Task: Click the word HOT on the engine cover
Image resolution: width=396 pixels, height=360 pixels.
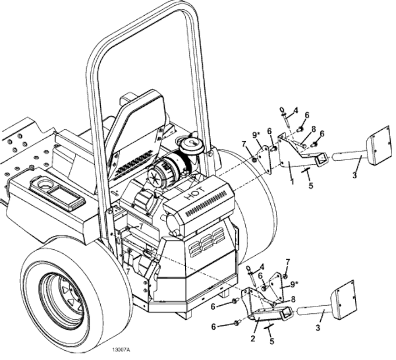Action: tap(196, 194)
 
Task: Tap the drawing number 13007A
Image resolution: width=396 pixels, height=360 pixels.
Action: tap(121, 350)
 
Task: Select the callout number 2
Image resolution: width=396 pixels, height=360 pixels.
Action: tap(253, 338)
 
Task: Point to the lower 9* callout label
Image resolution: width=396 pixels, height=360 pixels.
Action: tap(294, 285)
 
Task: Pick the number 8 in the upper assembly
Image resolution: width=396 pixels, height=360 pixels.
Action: tap(313, 130)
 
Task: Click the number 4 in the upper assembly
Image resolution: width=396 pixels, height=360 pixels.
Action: tap(295, 110)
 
